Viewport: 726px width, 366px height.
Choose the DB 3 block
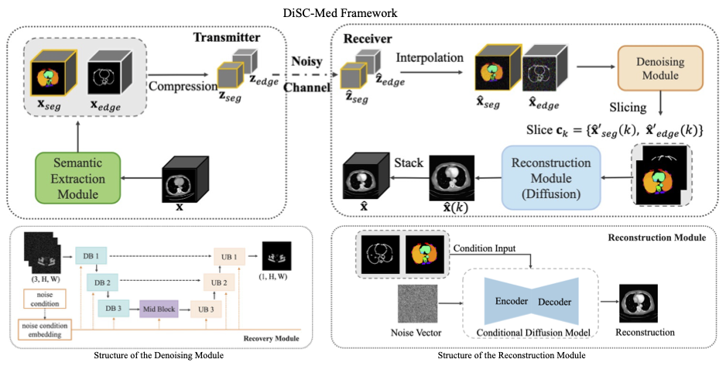point(112,307)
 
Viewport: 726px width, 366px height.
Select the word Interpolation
point(430,58)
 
